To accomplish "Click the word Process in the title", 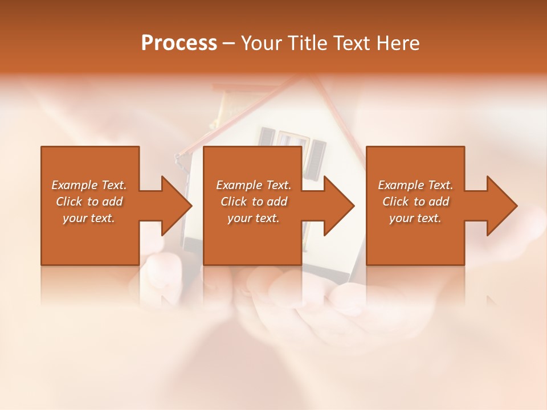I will pyautogui.click(x=179, y=43).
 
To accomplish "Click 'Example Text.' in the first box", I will pyautogui.click(x=89, y=185).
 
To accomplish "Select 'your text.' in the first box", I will pyautogui.click(x=89, y=218).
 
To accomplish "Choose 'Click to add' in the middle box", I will pyautogui.click(x=254, y=202).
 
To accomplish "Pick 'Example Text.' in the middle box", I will pyautogui.click(x=254, y=185).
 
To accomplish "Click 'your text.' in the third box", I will pyautogui.click(x=415, y=218).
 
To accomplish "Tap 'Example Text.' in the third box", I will pyautogui.click(x=415, y=185).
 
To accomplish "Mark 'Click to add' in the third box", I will pyautogui.click(x=415, y=202).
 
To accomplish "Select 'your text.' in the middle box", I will pyautogui.click(x=254, y=218).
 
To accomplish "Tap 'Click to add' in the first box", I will pyautogui.click(x=89, y=202).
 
